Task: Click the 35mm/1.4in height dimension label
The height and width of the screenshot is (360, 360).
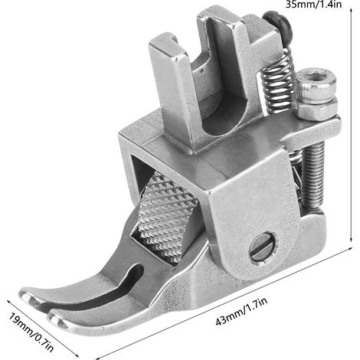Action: [x=313, y=5]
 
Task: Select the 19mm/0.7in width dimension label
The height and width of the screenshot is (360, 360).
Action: [x=31, y=332]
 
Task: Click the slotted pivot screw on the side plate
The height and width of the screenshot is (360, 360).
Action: [x=263, y=247]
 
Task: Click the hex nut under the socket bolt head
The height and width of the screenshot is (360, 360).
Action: [x=316, y=108]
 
